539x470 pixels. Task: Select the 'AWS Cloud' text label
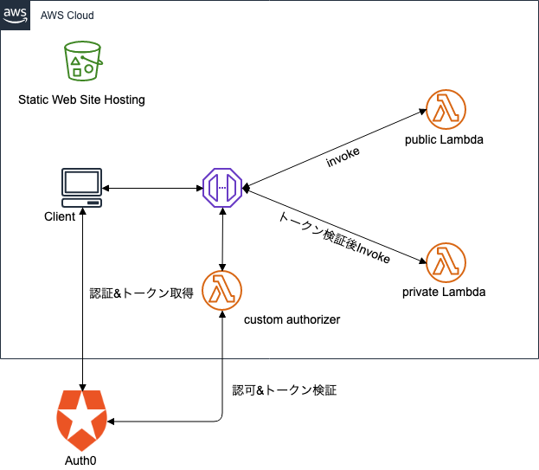[67, 16]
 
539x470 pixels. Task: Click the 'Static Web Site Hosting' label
[81, 100]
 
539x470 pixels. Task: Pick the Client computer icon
[82, 187]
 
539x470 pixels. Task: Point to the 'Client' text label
[60, 216]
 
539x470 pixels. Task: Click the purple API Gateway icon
[223, 187]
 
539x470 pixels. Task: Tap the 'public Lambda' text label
[443, 139]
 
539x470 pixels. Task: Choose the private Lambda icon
[446, 261]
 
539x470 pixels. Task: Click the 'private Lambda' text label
[444, 292]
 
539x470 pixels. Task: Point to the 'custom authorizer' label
[292, 320]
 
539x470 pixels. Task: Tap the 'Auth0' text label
[80, 460]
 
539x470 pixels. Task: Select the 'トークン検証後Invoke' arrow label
[334, 236]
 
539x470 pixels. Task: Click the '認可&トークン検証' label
[284, 390]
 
